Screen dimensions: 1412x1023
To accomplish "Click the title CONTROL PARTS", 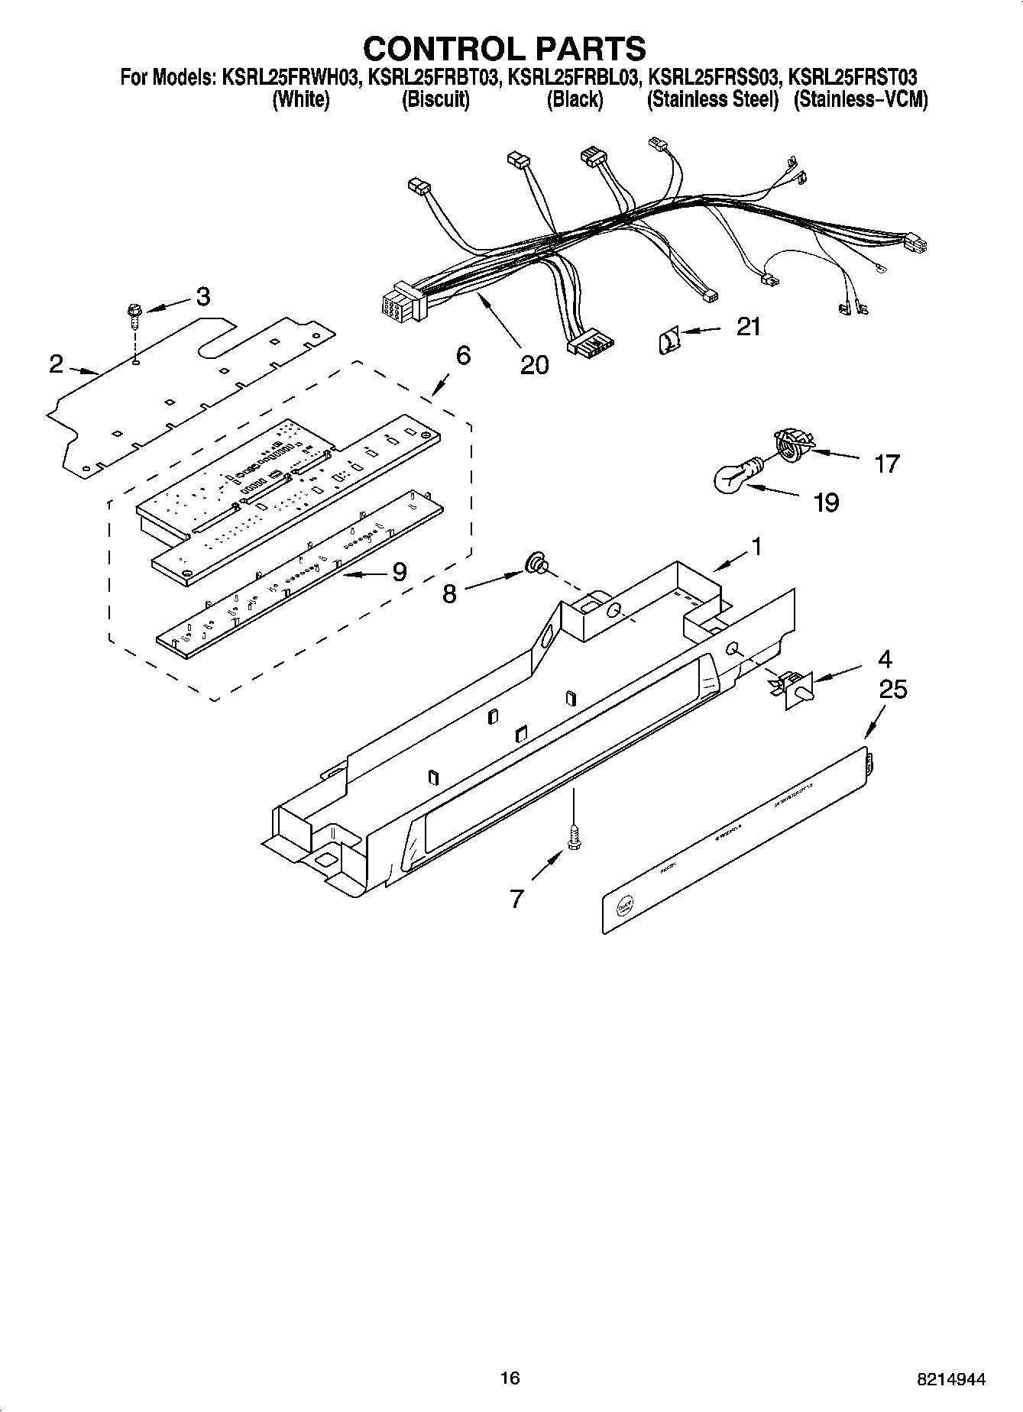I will [x=504, y=48].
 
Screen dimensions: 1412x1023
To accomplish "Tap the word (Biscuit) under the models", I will [x=435, y=100].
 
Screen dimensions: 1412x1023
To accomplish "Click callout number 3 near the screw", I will [x=202, y=296].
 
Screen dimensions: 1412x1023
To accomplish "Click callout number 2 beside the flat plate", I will [x=56, y=364].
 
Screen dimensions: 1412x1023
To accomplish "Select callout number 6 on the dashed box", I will [x=462, y=356].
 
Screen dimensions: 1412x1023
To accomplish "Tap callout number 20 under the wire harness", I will [x=534, y=365].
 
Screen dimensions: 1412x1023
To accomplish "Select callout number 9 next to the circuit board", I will [x=399, y=572].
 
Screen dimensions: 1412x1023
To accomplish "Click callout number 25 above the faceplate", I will [x=892, y=690].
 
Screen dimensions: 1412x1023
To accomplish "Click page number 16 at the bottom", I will [x=510, y=1378].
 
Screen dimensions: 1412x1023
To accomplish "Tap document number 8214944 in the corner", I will [x=950, y=1379].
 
